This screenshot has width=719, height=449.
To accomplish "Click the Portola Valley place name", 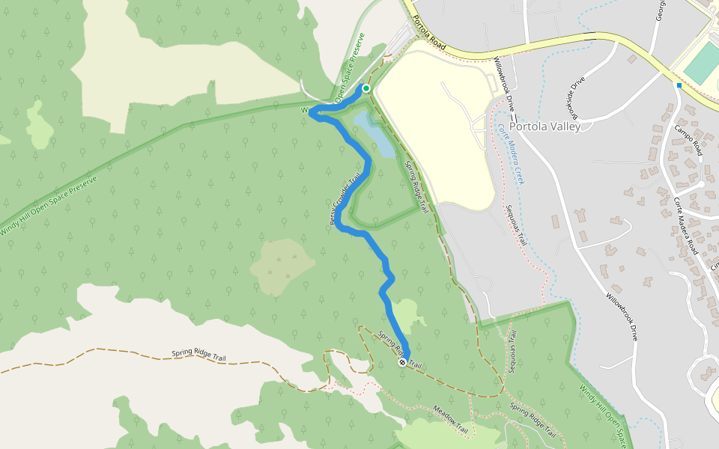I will pos(544,126).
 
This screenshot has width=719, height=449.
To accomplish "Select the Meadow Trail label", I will pos(450,421).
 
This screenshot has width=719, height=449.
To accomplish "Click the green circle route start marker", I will pos(366,88).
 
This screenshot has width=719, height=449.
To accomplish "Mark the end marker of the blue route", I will pos(402,362).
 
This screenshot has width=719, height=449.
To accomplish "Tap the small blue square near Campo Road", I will pos(679,85).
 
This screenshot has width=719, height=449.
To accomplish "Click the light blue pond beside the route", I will pos(374,135).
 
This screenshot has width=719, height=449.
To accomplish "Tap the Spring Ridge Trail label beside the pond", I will pos(416,187).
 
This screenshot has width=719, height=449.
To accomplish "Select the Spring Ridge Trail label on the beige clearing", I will pos(198,355).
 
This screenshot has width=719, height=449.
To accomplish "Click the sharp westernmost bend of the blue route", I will pos(312,114).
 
